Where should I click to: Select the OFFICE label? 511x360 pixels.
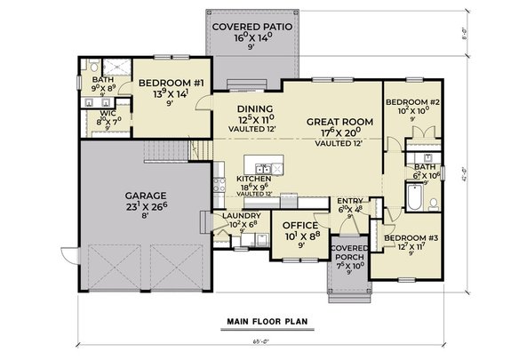tap(299, 226)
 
